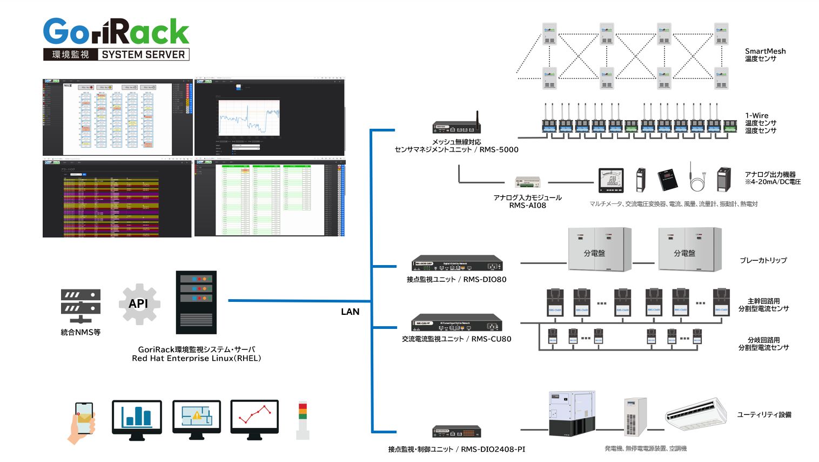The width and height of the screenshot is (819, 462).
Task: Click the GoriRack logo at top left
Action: tap(116, 32)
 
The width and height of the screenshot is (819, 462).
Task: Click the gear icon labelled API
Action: tap(139, 303)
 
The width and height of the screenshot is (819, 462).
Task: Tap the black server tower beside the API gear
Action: tap(196, 302)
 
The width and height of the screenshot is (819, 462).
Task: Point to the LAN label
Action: tap(350, 312)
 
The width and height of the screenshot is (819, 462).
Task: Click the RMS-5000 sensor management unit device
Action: tap(457, 127)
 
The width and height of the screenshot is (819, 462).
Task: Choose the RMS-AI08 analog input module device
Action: tap(527, 182)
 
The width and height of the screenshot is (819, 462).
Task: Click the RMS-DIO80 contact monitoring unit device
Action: tap(457, 265)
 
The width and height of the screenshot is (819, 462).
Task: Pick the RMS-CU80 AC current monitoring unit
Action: tap(457, 324)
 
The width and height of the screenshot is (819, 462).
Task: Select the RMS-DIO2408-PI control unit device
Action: tap(457, 432)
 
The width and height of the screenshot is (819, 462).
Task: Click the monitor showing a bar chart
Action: tap(137, 417)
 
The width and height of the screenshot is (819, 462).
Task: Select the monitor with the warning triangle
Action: tap(197, 417)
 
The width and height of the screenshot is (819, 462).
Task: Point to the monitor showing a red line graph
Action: tap(254, 417)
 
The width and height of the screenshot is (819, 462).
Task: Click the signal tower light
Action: tap(303, 420)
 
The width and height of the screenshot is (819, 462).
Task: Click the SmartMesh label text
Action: tap(765, 51)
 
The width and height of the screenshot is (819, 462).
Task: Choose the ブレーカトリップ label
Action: tap(763, 260)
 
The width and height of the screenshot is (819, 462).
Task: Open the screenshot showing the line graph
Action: tap(269, 117)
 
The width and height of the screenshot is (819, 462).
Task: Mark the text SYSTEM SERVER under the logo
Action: tap(143, 55)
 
